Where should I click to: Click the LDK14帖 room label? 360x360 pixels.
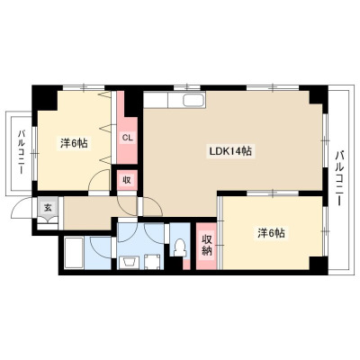pyautogui.click(x=230, y=151)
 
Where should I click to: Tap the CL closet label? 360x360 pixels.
pyautogui.click(x=127, y=138)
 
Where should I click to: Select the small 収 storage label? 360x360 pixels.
pyautogui.click(x=127, y=180)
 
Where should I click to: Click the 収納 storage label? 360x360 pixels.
pyautogui.click(x=206, y=245)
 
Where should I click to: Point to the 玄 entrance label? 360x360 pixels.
pyautogui.click(x=48, y=207)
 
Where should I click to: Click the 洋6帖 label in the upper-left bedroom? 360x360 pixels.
pyautogui.click(x=74, y=143)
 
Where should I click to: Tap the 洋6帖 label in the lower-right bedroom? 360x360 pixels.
pyautogui.click(x=271, y=233)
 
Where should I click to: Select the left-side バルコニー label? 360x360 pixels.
pyautogui.click(x=21, y=152)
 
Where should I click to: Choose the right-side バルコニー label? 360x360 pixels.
pyautogui.click(x=339, y=178)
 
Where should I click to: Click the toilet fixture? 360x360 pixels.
pyautogui.click(x=180, y=247)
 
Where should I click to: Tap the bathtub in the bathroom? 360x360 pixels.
pyautogui.click(x=74, y=253)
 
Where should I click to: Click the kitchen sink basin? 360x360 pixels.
pyautogui.click(x=194, y=100)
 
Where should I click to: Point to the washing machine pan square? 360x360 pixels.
pyautogui.click(x=153, y=261)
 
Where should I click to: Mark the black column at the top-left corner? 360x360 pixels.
pyautogui.click(x=44, y=97)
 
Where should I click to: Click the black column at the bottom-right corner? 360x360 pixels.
pyautogui.click(x=318, y=265)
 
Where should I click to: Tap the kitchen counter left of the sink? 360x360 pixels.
pyautogui.click(x=156, y=100)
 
